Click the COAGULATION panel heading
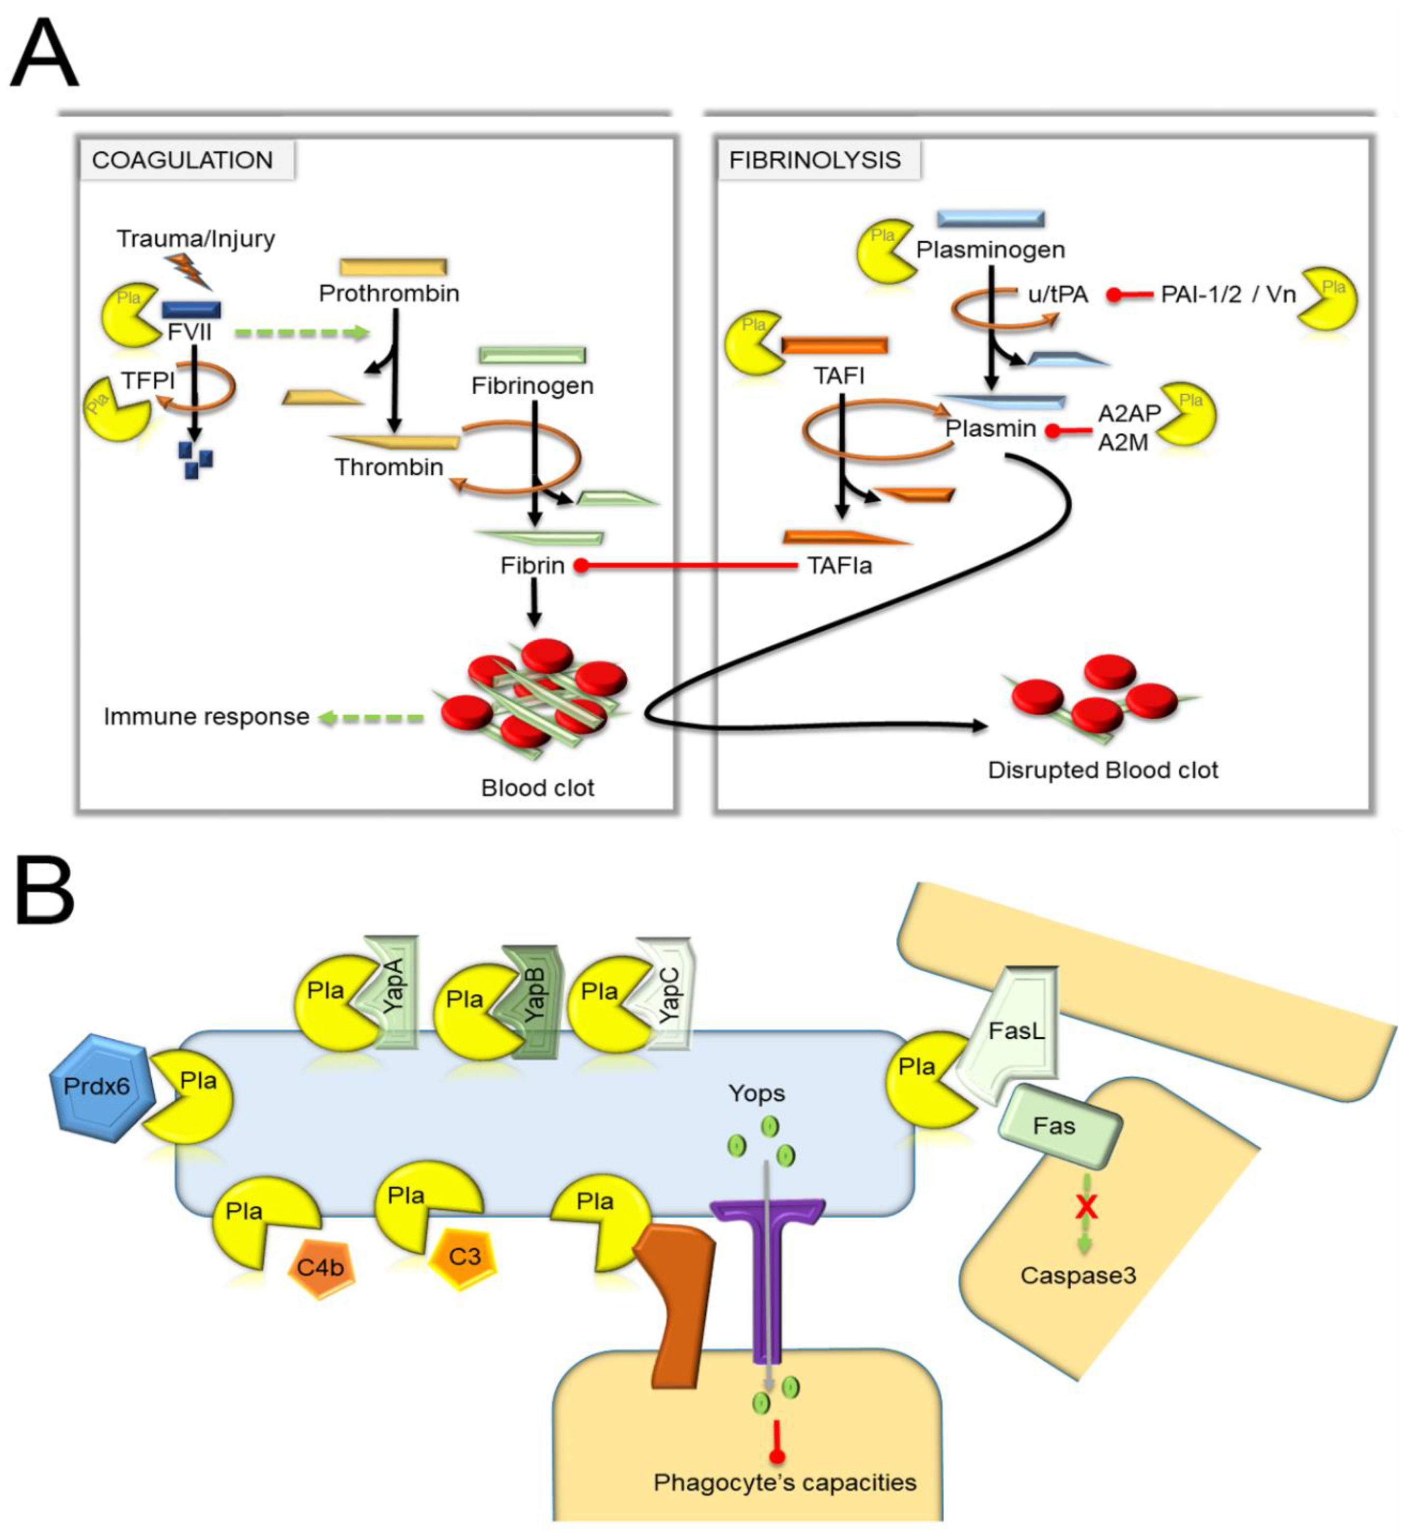(182, 160)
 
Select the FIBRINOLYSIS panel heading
(815, 160)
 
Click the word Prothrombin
(389, 293)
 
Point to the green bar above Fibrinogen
(532, 355)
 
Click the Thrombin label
(389, 467)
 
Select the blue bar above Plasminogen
(991, 220)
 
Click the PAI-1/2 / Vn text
(1227, 295)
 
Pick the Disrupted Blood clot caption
(1103, 770)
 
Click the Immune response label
(207, 717)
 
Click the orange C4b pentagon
(321, 1268)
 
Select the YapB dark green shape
(534, 1003)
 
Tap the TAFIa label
(839, 566)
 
